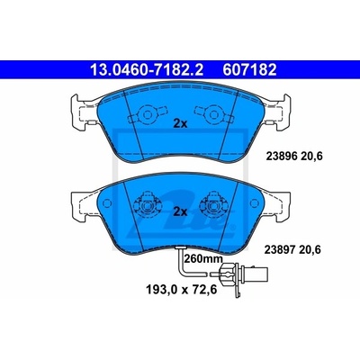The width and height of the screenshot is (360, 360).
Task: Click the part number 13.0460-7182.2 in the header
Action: coord(147,70)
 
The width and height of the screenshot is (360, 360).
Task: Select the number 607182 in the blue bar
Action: coord(249,70)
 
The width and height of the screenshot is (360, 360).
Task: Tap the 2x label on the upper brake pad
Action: coord(180,123)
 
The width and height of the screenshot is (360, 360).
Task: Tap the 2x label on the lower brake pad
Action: coord(180,211)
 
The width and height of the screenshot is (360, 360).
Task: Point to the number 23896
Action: coord(282,156)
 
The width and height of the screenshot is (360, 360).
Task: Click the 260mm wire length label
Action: coord(203,258)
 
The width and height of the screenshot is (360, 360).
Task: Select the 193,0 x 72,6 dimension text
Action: coord(181,290)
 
